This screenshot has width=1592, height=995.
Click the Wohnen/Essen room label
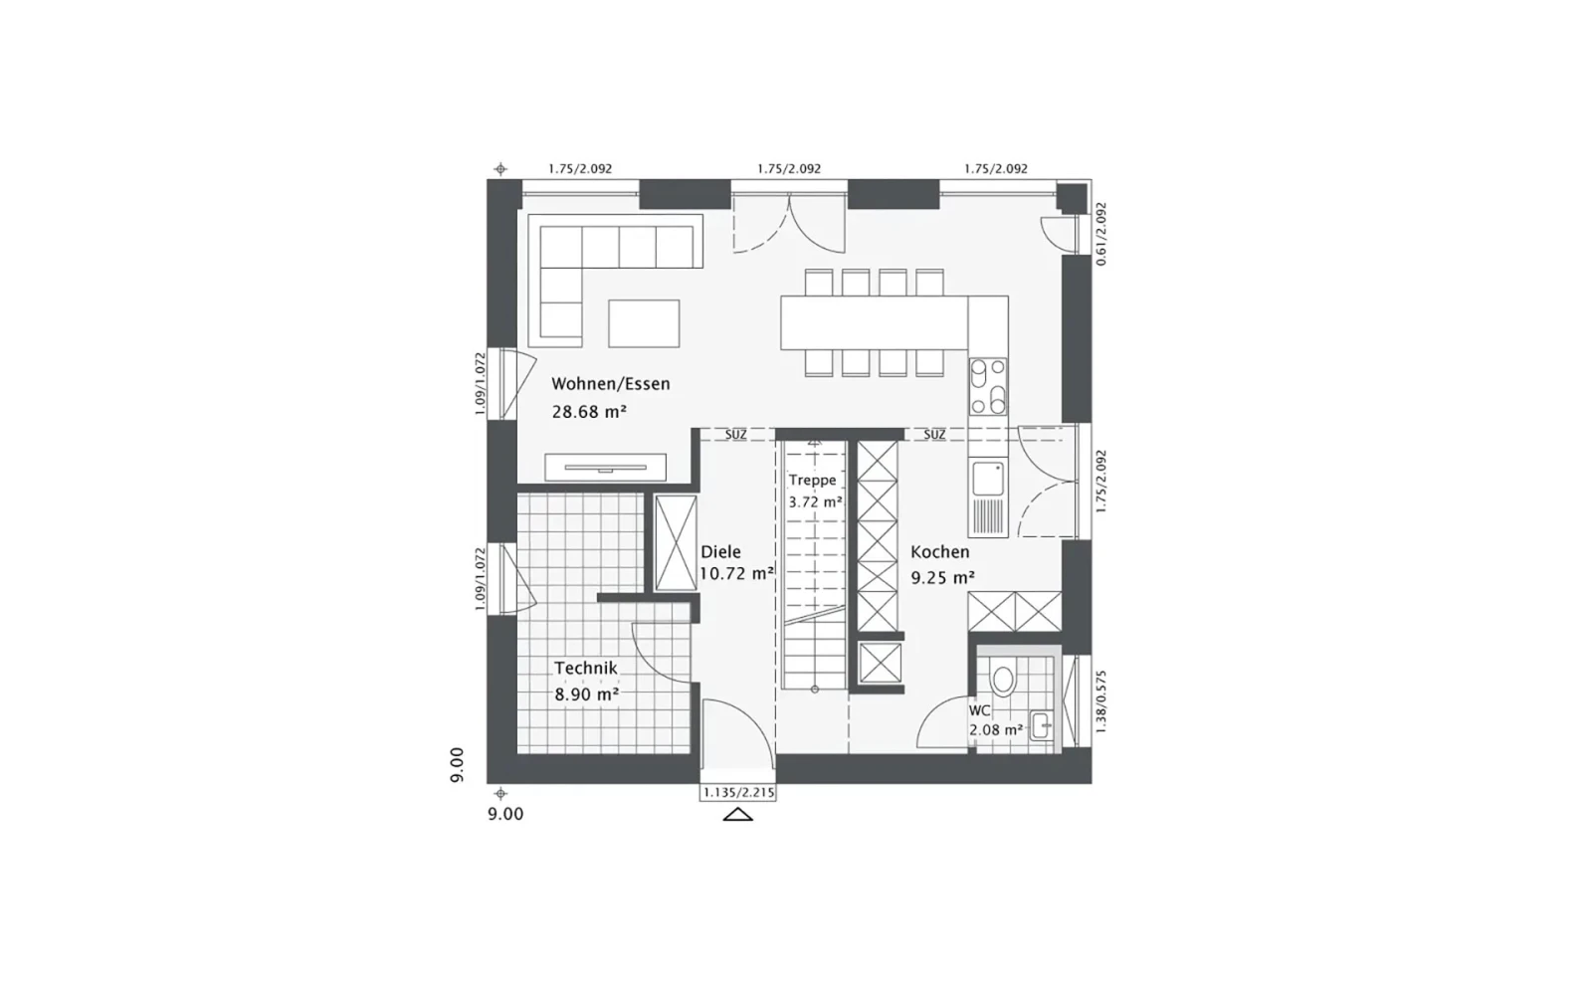coord(611,384)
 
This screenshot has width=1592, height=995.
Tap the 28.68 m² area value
coord(589,412)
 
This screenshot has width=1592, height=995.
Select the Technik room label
coord(586,668)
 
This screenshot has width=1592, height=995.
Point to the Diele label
coord(720,551)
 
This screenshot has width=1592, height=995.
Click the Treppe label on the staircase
coord(812,481)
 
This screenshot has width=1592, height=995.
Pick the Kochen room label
coord(939,551)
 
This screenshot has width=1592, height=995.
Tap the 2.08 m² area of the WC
coord(996,729)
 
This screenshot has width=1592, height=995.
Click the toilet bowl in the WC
coord(1003,680)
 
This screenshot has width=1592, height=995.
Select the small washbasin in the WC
coord(1041,726)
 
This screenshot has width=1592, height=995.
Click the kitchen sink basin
coord(988,479)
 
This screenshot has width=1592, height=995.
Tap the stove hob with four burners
coord(988,387)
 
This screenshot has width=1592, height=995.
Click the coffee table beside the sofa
coord(644,323)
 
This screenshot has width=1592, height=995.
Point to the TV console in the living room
coord(606,467)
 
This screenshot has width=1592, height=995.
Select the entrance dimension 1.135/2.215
coord(738,792)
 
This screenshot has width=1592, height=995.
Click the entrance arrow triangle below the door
coord(737,815)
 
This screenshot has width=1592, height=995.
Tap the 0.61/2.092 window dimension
coord(1101,235)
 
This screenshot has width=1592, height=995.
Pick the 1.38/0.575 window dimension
coord(1101,701)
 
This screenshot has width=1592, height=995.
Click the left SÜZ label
coord(735,435)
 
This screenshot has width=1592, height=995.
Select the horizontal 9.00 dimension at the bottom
coord(505,815)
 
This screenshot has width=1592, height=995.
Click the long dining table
coord(875,323)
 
